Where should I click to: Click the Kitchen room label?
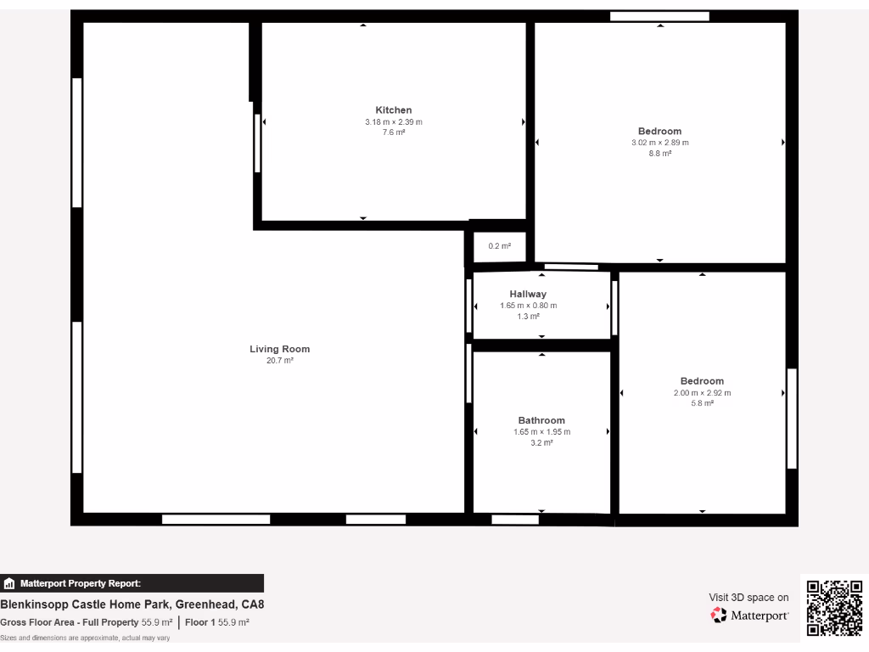pyautogui.click(x=394, y=110)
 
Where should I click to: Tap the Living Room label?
pyautogui.click(x=279, y=349)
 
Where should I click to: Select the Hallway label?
pyautogui.click(x=528, y=295)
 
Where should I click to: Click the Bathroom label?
pyautogui.click(x=541, y=420)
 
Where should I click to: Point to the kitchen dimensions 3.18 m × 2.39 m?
pyautogui.click(x=394, y=122)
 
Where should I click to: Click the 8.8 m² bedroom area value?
pyautogui.click(x=659, y=154)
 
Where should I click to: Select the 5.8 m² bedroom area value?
pyautogui.click(x=702, y=403)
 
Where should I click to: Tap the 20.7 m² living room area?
pyautogui.click(x=279, y=361)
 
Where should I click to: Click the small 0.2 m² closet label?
pyautogui.click(x=500, y=246)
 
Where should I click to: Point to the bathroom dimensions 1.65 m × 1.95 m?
pyautogui.click(x=541, y=432)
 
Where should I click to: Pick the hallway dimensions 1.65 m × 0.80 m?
pyautogui.click(x=528, y=306)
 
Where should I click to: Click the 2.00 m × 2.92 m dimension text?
pyautogui.click(x=702, y=393)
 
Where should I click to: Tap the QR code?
pyautogui.click(x=834, y=607)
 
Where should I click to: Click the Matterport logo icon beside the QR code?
pyautogui.click(x=719, y=615)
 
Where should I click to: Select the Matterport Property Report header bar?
pyautogui.click(x=132, y=583)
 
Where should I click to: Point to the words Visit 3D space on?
pyautogui.click(x=748, y=598)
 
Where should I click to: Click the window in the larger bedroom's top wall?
pyautogui.click(x=659, y=16)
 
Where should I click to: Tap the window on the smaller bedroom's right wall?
pyautogui.click(x=792, y=418)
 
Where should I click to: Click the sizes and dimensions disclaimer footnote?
pyautogui.click(x=85, y=638)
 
